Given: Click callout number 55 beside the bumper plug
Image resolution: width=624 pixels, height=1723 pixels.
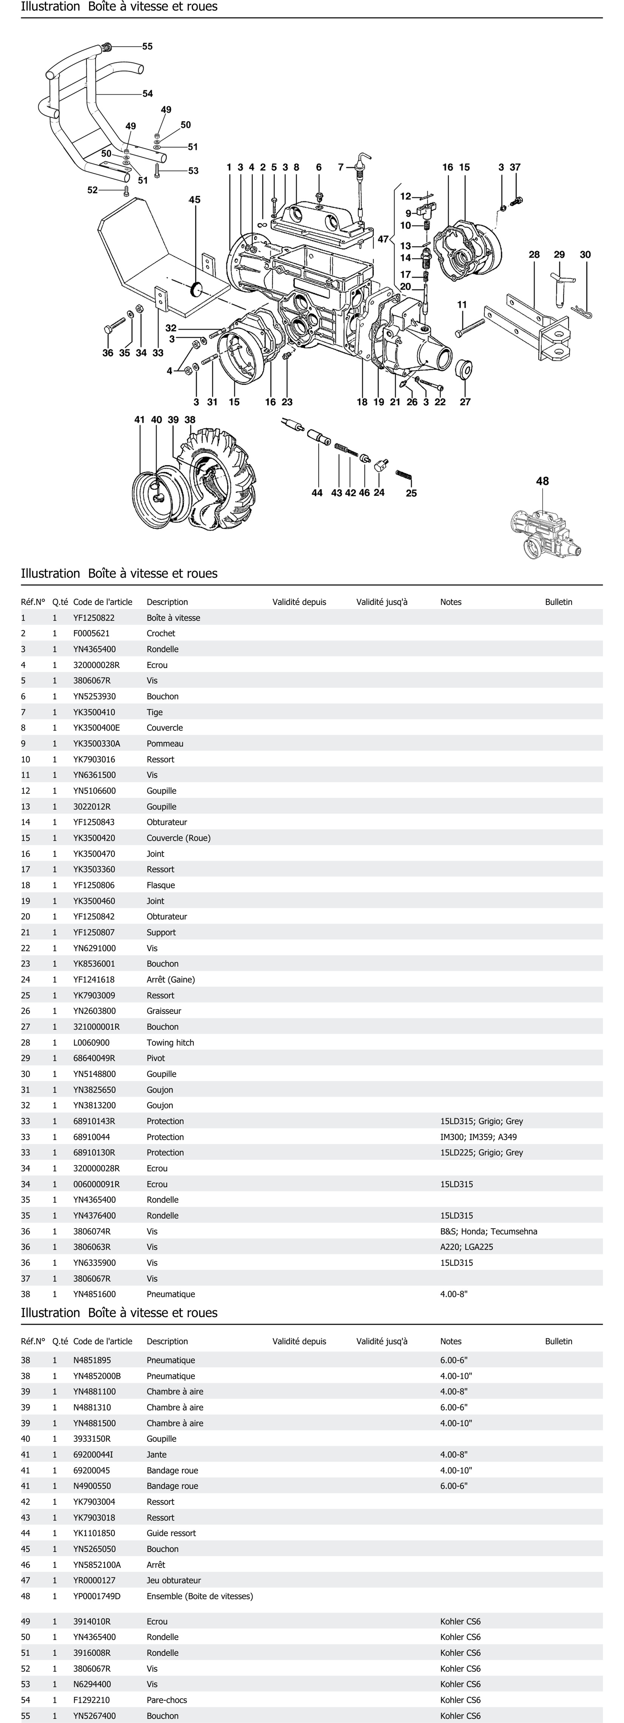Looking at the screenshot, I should [147, 46].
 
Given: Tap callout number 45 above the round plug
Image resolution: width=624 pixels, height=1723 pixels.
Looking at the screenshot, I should [195, 199].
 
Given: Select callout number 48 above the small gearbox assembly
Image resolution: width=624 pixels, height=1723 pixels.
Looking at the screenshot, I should [542, 481].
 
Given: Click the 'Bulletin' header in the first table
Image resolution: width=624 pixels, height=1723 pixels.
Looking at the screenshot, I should [559, 602].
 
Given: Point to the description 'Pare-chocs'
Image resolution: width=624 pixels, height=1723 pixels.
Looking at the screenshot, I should [166, 1700].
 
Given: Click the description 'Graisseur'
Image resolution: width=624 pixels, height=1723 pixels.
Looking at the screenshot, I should [164, 1011].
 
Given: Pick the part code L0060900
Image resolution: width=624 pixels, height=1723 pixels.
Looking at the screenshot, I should [92, 1042].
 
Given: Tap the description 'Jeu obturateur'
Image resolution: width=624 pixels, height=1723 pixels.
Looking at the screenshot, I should [173, 1580].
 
